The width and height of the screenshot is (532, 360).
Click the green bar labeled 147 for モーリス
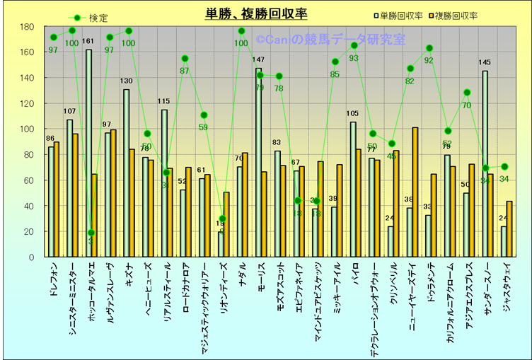(258, 163)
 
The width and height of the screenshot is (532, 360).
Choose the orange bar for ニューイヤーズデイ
(415, 192)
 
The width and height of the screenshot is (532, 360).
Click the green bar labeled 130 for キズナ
(126, 173)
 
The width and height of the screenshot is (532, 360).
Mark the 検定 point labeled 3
(92, 233)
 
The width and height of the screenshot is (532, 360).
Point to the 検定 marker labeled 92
(429, 49)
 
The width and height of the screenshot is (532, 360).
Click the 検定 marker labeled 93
(354, 46)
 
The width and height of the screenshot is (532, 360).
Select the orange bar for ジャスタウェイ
(509, 228)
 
